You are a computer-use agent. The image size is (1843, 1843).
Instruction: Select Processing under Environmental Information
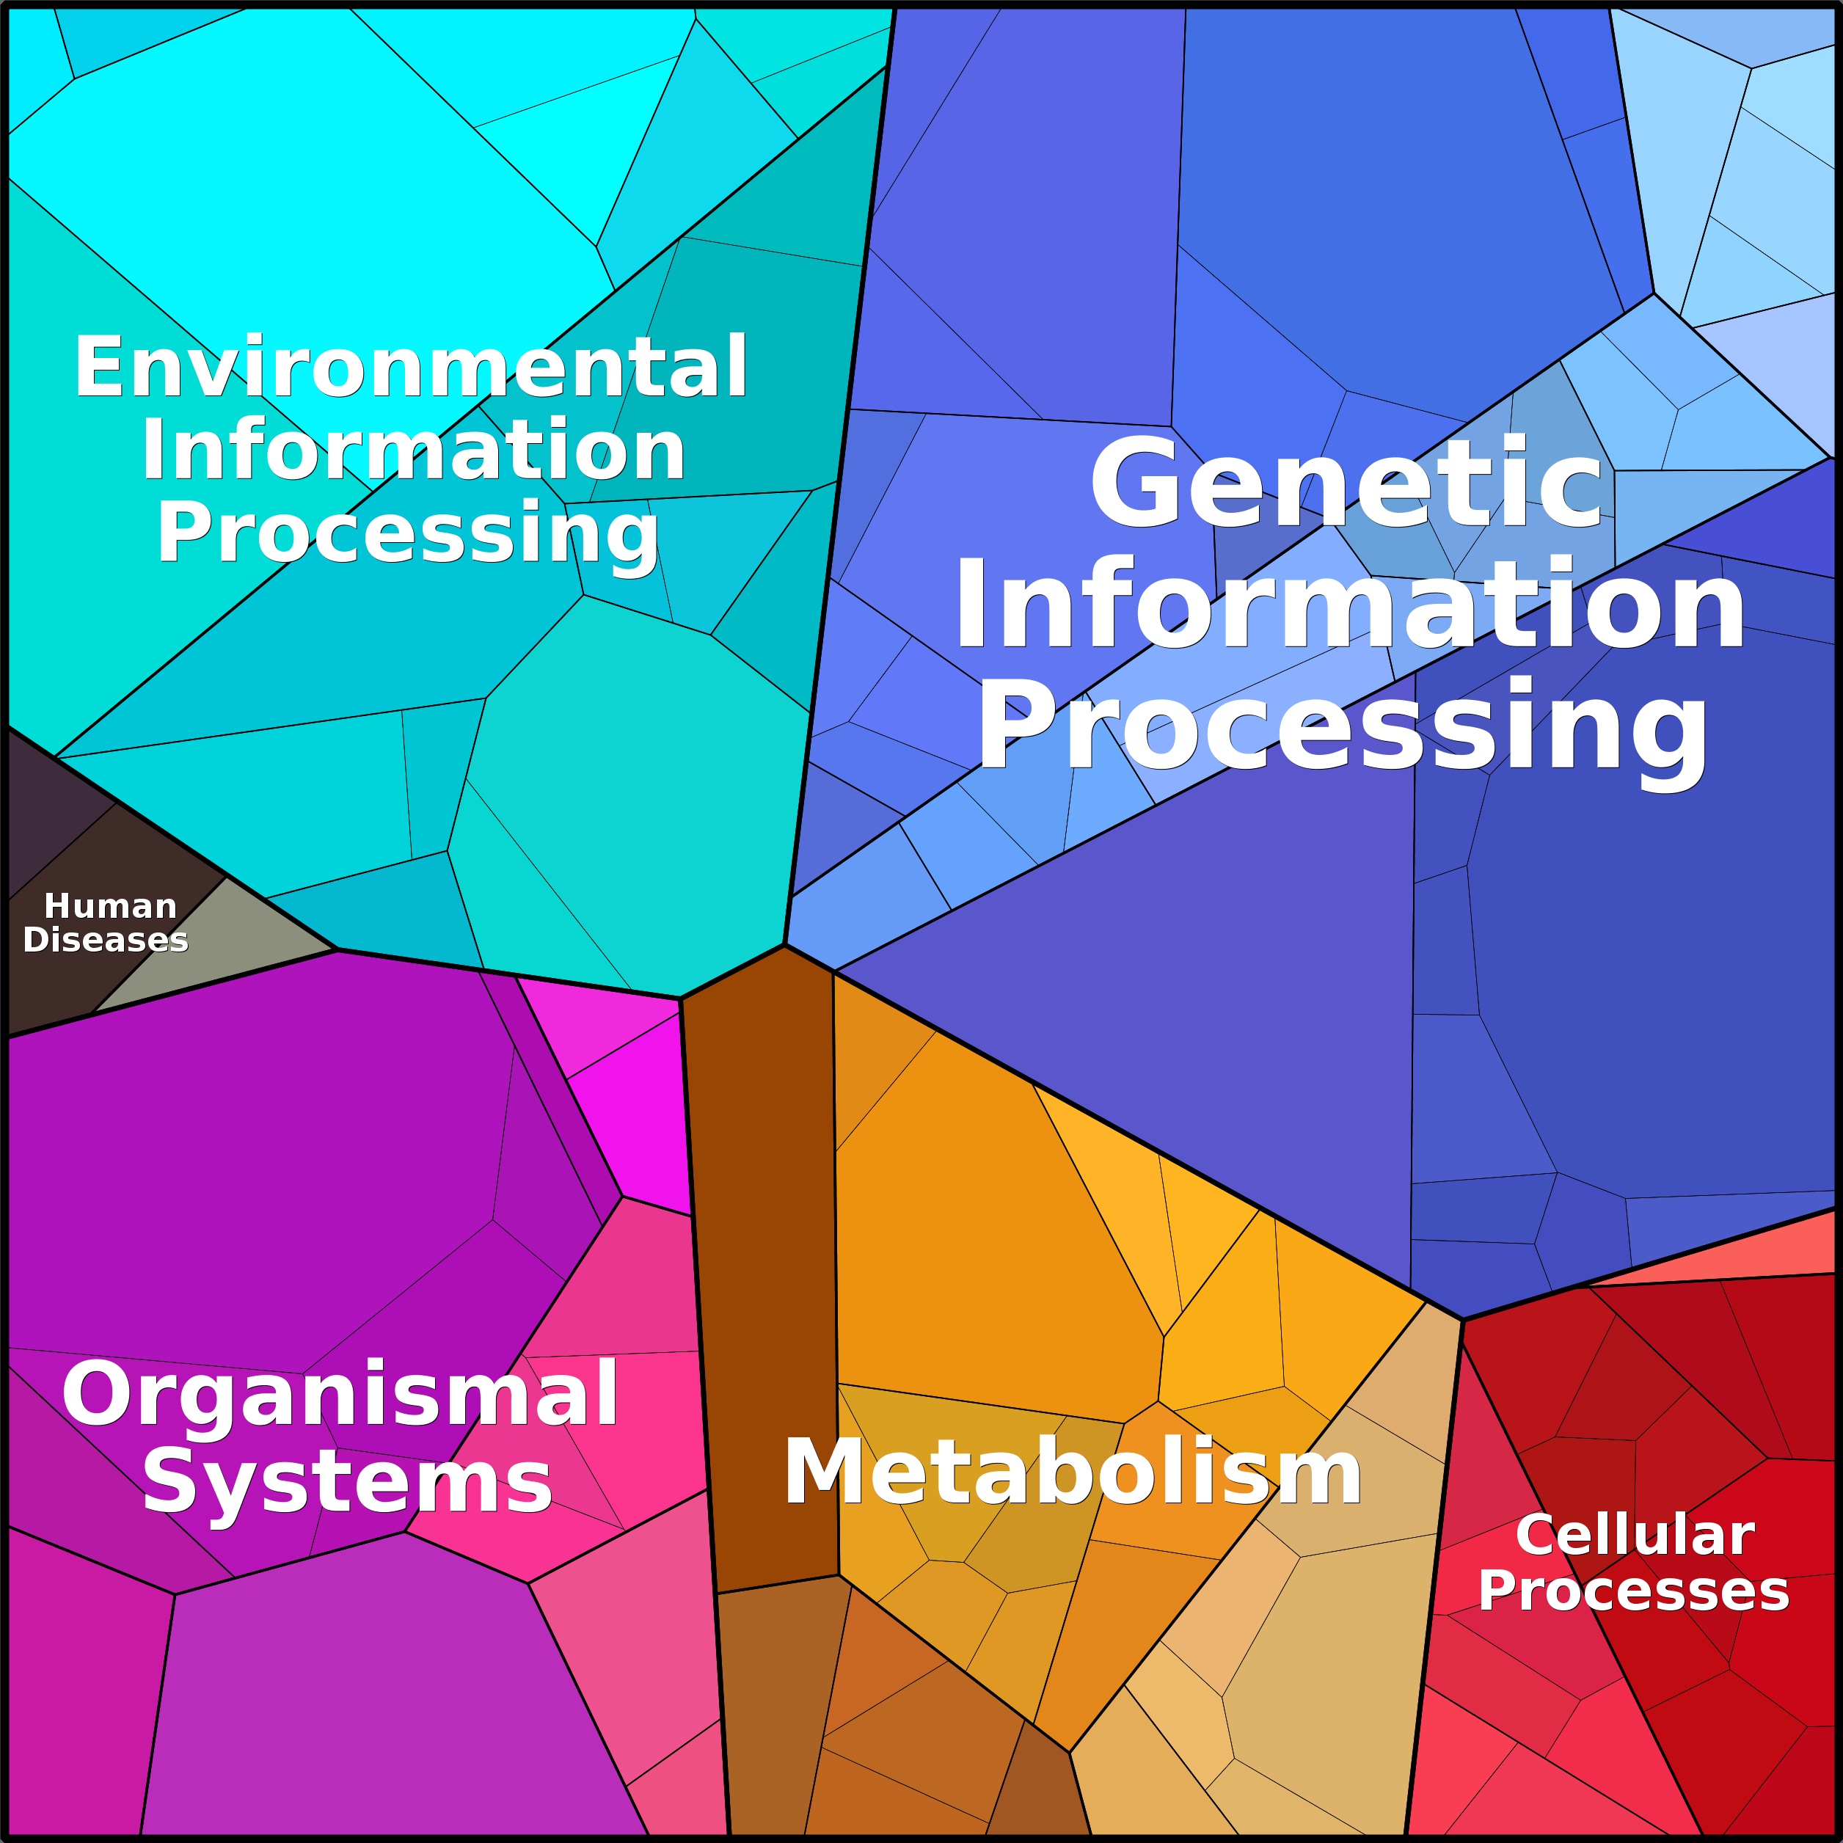pyautogui.click(x=407, y=534)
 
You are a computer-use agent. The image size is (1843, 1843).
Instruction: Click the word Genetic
pyautogui.click(x=1345, y=482)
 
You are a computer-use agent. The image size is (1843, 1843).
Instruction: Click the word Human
pyautogui.click(x=111, y=905)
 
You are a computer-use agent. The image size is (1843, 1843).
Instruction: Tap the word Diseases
pyautogui.click(x=105, y=940)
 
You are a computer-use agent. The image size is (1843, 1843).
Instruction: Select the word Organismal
pyautogui.click(x=340, y=1395)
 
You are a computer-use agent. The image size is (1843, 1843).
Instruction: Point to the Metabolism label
pyautogui.click(x=1072, y=1472)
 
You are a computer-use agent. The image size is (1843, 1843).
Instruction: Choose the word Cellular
pyautogui.click(x=1634, y=1535)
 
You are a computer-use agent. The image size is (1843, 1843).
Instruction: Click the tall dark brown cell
pyautogui.click(x=763, y=1269)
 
